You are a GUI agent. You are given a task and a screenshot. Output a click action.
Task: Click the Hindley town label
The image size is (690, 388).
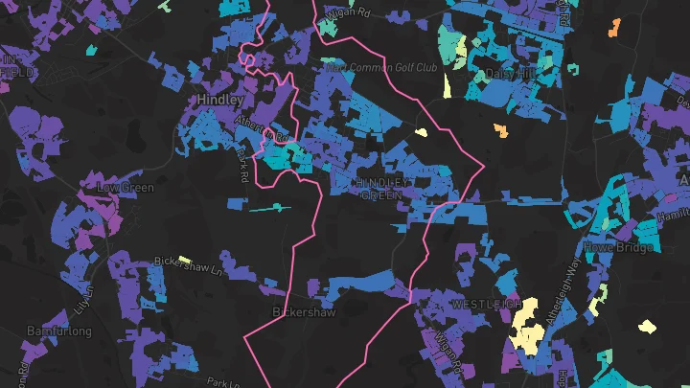(x=220, y=99)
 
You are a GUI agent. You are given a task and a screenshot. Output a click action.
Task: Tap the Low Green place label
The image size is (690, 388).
(x=126, y=188)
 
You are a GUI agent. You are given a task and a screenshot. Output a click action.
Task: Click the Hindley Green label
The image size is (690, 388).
(x=384, y=188)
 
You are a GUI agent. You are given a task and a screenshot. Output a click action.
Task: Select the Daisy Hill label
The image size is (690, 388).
(x=508, y=73)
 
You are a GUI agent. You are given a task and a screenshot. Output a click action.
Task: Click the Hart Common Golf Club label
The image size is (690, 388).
(x=380, y=68)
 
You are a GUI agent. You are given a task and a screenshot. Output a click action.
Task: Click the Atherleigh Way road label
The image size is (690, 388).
(x=573, y=286)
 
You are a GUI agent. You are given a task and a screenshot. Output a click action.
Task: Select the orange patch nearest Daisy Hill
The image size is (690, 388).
(x=500, y=129)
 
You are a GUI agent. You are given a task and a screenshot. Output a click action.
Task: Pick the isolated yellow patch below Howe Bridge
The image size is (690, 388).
(x=647, y=326)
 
